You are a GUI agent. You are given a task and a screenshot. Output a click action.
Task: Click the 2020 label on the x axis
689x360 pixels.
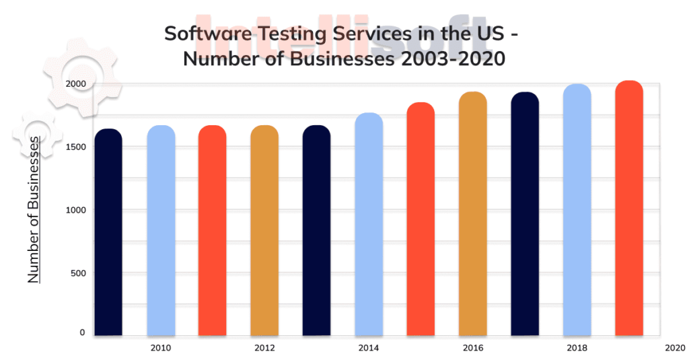(675, 348)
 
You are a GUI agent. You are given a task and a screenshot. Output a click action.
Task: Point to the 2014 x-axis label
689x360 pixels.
(369, 348)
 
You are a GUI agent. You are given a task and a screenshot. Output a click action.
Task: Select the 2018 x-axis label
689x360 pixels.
(577, 348)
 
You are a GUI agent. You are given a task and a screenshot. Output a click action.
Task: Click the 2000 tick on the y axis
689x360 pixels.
(75, 84)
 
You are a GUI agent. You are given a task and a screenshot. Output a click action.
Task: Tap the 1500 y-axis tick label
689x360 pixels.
(75, 147)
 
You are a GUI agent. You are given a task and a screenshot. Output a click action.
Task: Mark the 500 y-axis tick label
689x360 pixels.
(77, 273)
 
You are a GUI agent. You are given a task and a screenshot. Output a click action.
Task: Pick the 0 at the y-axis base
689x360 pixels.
(82, 332)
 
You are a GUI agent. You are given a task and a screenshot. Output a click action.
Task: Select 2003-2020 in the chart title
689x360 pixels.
(447, 59)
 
